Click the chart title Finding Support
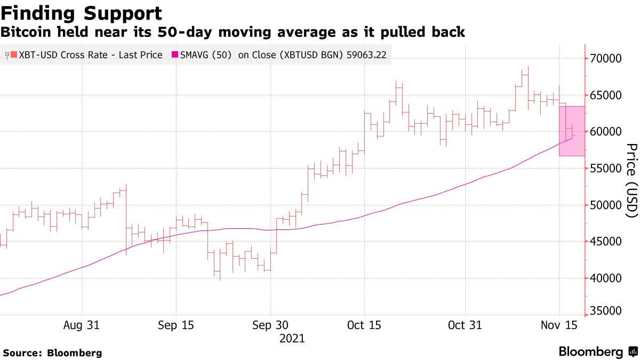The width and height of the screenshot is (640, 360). point(81,13)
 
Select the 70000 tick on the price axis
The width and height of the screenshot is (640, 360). point(606,58)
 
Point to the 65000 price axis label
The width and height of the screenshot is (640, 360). point(606,95)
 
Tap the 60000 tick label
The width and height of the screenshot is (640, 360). point(606,132)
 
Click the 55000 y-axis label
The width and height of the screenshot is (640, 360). point(606,169)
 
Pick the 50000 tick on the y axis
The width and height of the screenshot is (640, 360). point(606,205)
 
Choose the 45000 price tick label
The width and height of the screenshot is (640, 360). point(606,242)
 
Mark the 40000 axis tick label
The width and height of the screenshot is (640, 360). point(606,278)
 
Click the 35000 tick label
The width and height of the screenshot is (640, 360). point(606,311)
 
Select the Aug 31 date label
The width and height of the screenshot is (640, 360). point(82,325)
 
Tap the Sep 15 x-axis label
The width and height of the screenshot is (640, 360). point(176,325)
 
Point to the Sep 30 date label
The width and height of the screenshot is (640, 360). point(270,325)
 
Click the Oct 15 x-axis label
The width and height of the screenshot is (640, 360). point(364,325)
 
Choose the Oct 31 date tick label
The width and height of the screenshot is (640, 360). point(465,325)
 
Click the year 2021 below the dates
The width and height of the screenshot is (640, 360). point(292,338)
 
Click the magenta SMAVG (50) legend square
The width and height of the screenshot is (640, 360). point(174,55)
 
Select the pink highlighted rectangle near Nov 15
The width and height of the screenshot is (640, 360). point(572,131)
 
